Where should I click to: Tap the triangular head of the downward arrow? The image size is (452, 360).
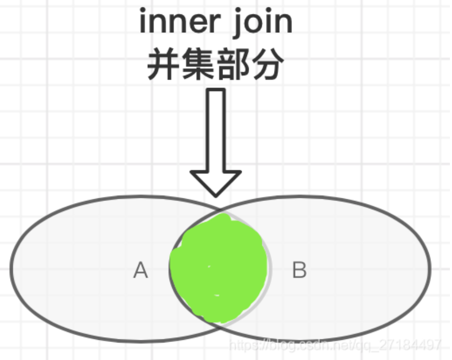coord(216,182)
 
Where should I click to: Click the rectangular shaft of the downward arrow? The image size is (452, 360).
coord(216,130)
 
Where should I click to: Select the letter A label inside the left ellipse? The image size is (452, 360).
coord(140,271)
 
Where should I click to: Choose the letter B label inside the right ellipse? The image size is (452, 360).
coord(299,271)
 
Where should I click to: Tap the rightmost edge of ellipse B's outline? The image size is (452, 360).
coord(430,269)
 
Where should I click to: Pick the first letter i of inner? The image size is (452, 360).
coord(143,22)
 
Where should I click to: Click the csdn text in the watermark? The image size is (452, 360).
coord(324,345)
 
